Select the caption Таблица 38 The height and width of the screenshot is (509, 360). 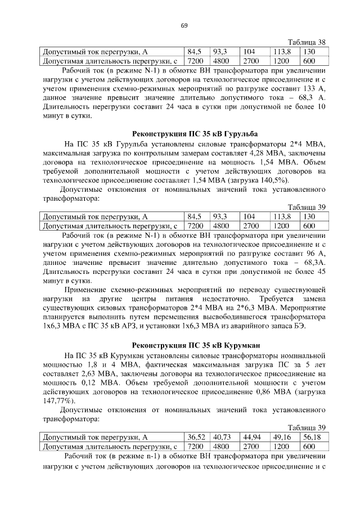(307, 43)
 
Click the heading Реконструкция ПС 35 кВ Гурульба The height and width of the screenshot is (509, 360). (195, 134)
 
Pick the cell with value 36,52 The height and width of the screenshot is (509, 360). (196, 436)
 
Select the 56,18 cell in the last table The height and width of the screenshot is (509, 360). (312, 436)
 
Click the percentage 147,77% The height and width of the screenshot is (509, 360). (58, 400)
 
